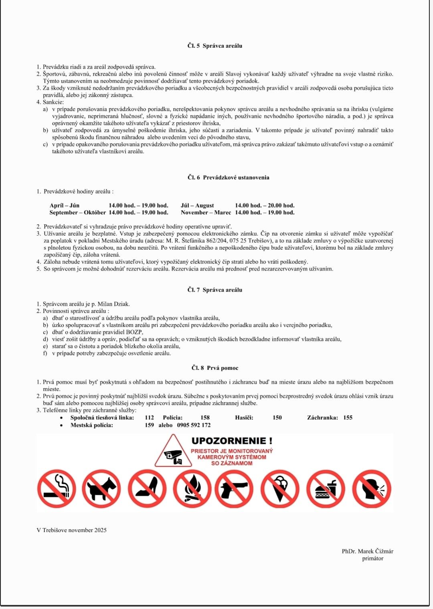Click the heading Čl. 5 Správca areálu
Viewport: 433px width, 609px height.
pyautogui.click(x=214, y=46)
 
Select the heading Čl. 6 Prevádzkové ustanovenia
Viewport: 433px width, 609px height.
pyautogui.click(x=228, y=177)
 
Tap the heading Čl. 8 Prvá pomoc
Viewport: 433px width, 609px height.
pyautogui.click(x=214, y=368)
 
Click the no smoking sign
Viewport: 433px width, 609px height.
pyautogui.click(x=57, y=489)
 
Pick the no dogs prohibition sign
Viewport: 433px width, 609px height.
pyautogui.click(x=101, y=489)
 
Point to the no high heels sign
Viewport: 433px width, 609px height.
pyautogui.click(x=147, y=489)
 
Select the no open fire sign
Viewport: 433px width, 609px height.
pyautogui.click(x=192, y=489)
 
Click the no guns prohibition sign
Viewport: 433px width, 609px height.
pyautogui.click(x=234, y=489)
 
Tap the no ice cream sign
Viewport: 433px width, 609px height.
pyautogui.click(x=280, y=489)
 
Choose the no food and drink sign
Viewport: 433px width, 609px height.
pyautogui.click(x=326, y=489)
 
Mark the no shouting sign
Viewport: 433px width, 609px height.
pyautogui.click(x=372, y=489)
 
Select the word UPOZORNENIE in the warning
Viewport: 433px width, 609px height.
pyautogui.click(x=229, y=441)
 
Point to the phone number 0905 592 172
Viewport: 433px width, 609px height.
pyautogui.click(x=194, y=425)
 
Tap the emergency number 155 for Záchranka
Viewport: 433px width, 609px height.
pyautogui.click(x=348, y=417)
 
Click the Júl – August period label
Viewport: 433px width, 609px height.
pyautogui.click(x=197, y=206)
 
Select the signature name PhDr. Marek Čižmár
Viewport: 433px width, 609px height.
pyautogui.click(x=367, y=551)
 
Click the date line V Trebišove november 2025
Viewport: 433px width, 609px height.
pyautogui.click(x=71, y=530)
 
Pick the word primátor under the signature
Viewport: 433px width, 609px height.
pyautogui.click(x=372, y=559)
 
